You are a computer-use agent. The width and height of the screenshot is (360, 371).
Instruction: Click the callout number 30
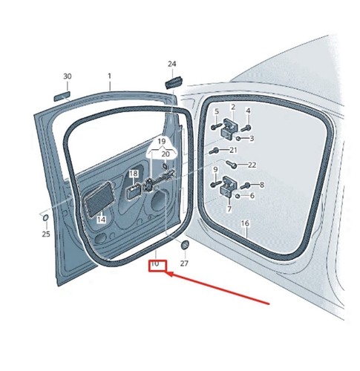(x=68, y=76)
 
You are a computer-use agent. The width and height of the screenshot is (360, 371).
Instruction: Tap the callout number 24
(x=172, y=64)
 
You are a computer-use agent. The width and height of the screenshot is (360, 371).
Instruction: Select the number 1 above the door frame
(x=109, y=76)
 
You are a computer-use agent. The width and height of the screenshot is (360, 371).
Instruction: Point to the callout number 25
(x=46, y=234)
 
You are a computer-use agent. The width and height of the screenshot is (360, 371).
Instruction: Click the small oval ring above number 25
(x=45, y=218)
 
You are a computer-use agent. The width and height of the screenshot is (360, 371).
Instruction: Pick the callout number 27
(x=184, y=263)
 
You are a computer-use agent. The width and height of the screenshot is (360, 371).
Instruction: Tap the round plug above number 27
(x=185, y=245)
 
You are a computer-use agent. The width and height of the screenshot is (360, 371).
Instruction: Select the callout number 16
(x=245, y=223)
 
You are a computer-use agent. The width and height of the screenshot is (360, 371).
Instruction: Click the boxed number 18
(x=134, y=174)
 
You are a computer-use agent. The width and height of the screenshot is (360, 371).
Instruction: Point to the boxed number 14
(x=101, y=220)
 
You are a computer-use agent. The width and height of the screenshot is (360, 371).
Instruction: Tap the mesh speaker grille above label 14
(x=99, y=199)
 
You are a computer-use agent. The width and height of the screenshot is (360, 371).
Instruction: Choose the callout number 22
(x=252, y=165)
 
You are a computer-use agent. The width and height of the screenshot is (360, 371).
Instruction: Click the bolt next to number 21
(x=213, y=151)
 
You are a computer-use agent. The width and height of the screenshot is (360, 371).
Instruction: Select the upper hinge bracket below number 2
(x=229, y=129)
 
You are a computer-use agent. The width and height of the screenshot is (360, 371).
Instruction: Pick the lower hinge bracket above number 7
(x=229, y=186)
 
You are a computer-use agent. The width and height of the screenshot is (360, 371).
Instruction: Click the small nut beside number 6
(x=238, y=196)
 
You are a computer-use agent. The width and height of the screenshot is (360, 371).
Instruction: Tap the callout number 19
(x=161, y=142)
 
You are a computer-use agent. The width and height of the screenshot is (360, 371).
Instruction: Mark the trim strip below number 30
(x=62, y=96)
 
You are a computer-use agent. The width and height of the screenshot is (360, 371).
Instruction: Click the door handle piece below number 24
(x=174, y=82)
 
